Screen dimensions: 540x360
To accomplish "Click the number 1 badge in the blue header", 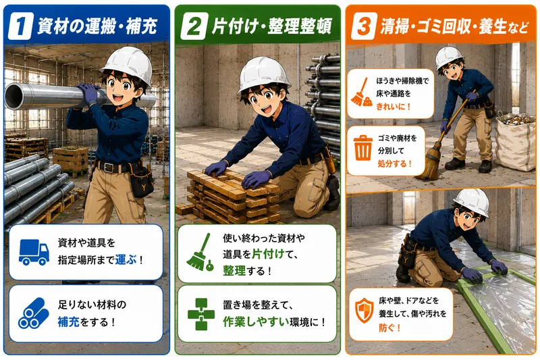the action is (x=20, y=26).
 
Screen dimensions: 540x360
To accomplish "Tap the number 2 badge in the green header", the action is (x=194, y=26).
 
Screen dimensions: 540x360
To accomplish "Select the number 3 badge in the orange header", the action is (x=364, y=26).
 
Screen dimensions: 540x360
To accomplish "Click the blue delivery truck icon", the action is (x=34, y=252).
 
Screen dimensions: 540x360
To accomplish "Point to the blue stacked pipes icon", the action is (x=33, y=313).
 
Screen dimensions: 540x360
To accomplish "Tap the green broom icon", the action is (x=200, y=252).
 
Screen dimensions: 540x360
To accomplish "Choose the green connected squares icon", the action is (x=201, y=314).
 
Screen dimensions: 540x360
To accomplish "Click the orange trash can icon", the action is (x=363, y=148).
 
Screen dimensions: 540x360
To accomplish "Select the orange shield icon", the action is (x=364, y=311).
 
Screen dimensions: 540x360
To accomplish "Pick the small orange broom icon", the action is (x=361, y=92).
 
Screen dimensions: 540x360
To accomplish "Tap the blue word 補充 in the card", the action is (x=69, y=322).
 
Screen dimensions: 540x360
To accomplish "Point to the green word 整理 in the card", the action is (x=234, y=270).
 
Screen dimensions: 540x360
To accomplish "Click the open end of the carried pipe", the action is (x=13, y=97).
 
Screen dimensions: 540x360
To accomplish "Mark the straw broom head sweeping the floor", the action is (x=430, y=161).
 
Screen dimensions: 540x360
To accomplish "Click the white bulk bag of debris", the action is (x=516, y=141).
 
